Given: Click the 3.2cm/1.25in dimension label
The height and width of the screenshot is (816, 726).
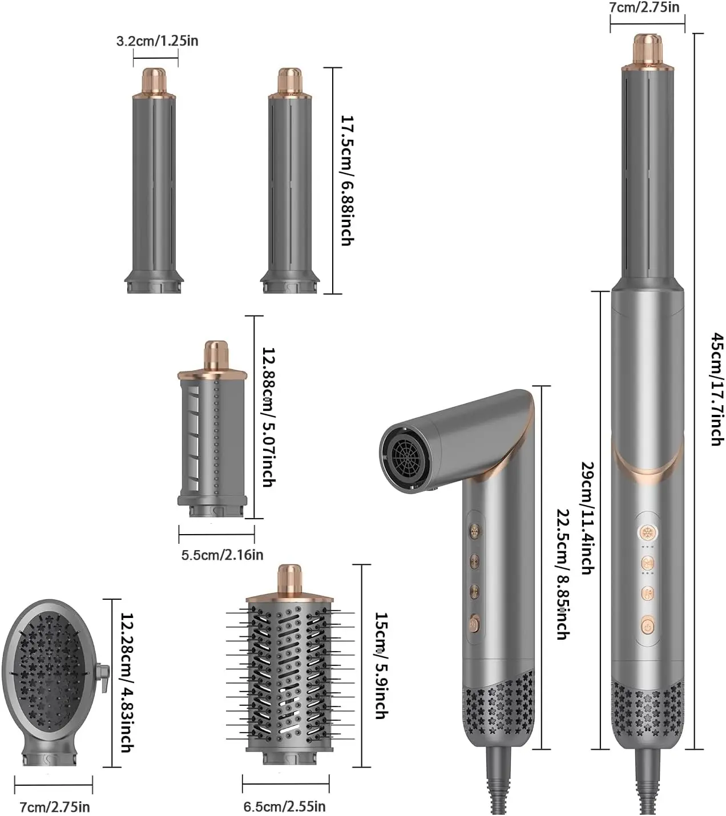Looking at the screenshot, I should click(x=157, y=41).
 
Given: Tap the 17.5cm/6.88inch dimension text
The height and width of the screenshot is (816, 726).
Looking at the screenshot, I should click(x=346, y=180).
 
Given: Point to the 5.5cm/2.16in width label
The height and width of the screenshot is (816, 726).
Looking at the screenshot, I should click(x=222, y=554).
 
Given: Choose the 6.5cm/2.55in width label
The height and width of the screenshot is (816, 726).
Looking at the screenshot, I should click(x=284, y=806).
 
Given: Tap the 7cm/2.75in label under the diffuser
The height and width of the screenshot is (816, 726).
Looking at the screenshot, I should click(x=55, y=807).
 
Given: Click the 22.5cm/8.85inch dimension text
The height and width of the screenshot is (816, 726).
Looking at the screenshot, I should click(x=562, y=573).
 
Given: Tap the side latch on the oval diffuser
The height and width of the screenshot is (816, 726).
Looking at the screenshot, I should click(x=103, y=678).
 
